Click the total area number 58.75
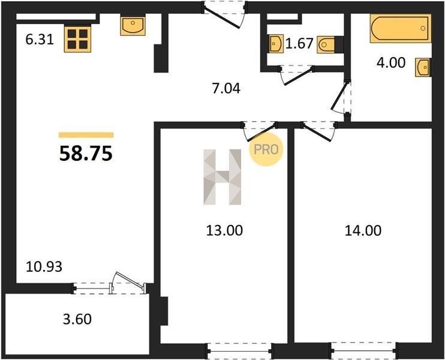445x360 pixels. [86, 154]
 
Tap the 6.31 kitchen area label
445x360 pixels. [40, 39]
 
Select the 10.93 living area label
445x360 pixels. [44, 267]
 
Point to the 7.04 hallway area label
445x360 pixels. [226, 89]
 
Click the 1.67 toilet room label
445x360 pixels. [299, 44]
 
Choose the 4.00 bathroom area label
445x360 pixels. [391, 63]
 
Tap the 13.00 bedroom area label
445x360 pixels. [224, 230]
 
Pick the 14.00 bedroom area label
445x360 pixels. [363, 230]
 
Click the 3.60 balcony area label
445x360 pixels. [77, 319]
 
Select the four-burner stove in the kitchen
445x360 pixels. [77, 39]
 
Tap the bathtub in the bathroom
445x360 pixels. [401, 28]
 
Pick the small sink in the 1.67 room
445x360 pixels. [276, 44]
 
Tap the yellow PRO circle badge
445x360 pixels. [266, 149]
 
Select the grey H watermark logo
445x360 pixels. [222, 177]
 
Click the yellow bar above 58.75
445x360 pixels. [86, 135]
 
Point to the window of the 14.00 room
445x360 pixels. [364, 351]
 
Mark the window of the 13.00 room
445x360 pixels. [240, 351]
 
